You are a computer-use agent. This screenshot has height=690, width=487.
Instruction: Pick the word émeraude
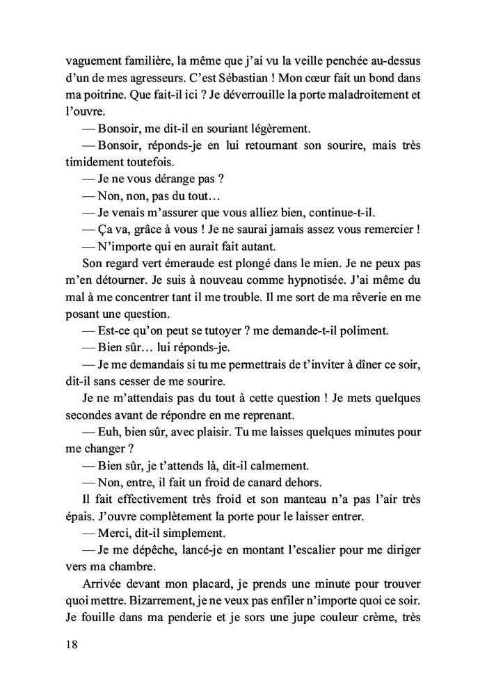click(x=182, y=263)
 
